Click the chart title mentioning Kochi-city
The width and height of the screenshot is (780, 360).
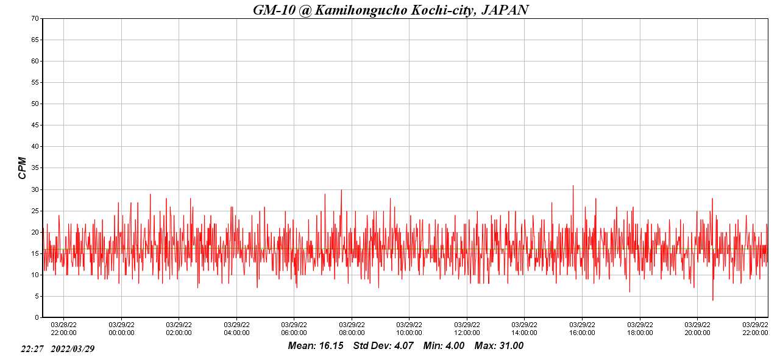(x=391, y=10)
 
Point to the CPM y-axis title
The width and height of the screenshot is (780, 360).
(x=23, y=168)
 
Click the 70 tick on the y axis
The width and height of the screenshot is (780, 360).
(x=35, y=18)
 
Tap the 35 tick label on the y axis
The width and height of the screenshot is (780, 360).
(x=35, y=168)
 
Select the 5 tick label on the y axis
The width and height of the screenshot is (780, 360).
(x=37, y=296)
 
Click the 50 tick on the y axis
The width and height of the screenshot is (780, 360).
(x=35, y=104)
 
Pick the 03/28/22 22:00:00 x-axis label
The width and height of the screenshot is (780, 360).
(x=63, y=328)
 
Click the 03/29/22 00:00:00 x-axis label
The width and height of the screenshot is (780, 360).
(x=121, y=328)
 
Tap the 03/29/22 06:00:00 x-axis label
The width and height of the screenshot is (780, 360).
(x=294, y=328)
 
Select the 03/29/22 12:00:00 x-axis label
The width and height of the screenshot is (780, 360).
(x=467, y=328)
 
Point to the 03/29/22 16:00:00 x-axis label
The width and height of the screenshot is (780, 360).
(x=582, y=328)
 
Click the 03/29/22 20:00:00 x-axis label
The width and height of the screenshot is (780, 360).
(x=697, y=328)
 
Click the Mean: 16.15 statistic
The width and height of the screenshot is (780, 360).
(x=316, y=346)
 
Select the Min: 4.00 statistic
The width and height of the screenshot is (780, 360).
(x=444, y=346)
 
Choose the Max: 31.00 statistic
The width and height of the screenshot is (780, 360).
(x=499, y=346)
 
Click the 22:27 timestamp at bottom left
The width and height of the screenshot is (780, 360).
(x=32, y=349)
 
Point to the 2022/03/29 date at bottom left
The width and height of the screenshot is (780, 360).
(x=73, y=349)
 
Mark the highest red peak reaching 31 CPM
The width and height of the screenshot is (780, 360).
(x=573, y=186)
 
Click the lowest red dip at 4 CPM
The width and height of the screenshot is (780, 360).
(x=712, y=300)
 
